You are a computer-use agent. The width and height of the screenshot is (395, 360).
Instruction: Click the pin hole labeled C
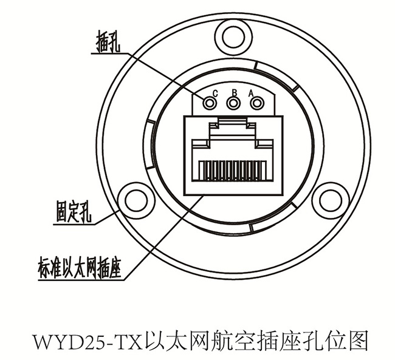[210, 103]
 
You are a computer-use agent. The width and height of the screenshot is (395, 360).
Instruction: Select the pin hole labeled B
[233, 103]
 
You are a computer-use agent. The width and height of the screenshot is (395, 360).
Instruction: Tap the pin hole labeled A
[256, 103]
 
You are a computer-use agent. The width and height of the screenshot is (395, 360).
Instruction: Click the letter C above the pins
[215, 93]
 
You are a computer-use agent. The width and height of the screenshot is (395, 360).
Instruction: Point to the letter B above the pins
[235, 93]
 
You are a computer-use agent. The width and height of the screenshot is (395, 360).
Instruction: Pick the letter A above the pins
[251, 93]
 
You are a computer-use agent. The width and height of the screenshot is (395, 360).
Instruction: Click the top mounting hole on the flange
[233, 38]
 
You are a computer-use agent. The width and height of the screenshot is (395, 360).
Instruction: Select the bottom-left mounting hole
[136, 201]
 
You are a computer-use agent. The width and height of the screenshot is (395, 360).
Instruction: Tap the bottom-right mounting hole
[331, 200]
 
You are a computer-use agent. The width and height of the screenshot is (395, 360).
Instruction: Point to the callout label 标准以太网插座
[80, 267]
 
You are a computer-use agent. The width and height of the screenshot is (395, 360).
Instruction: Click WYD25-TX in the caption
[89, 342]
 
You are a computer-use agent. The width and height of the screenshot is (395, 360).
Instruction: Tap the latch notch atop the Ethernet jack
[233, 121]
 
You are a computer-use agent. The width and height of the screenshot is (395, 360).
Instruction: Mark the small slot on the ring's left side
[151, 144]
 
